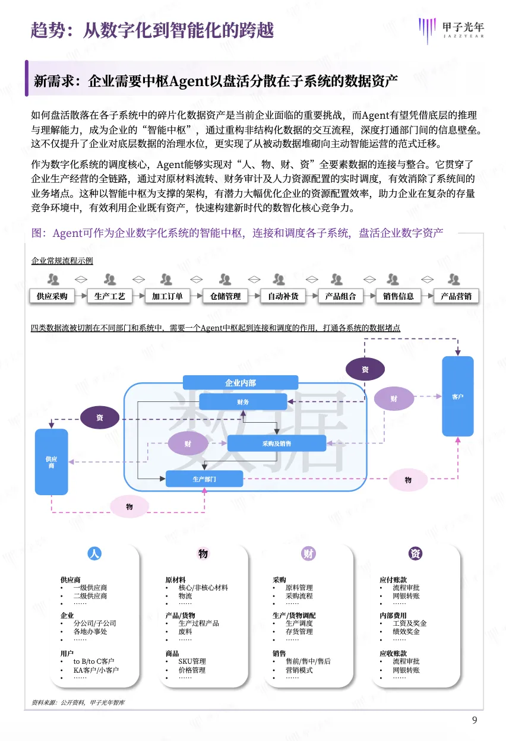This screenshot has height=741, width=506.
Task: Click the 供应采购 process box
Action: (x=52, y=296)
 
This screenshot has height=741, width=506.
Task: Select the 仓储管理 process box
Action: (x=224, y=296)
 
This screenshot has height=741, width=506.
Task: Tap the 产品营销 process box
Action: (x=456, y=296)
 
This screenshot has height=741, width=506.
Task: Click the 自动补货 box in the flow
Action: (x=283, y=296)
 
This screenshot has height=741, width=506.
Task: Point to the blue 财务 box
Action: (x=242, y=402)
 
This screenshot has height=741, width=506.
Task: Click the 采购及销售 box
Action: (x=277, y=443)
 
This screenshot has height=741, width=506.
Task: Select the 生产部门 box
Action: (x=204, y=479)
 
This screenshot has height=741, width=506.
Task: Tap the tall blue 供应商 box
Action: (x=51, y=462)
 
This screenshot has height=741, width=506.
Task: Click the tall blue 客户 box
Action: (x=457, y=396)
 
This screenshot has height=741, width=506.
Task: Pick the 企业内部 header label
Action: (x=241, y=383)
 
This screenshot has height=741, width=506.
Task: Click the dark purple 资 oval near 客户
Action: (x=365, y=369)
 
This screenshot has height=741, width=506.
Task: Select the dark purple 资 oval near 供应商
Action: (x=99, y=417)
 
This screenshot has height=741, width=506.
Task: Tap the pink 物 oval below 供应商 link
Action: (x=129, y=506)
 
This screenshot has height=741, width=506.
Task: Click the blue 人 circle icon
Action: (x=94, y=553)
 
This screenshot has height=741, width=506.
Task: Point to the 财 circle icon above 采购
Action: (x=308, y=553)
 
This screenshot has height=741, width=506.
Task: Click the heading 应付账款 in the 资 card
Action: (x=393, y=579)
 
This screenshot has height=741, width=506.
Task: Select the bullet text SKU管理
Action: (x=192, y=661)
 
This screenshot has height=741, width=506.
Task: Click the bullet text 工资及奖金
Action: (x=409, y=623)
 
